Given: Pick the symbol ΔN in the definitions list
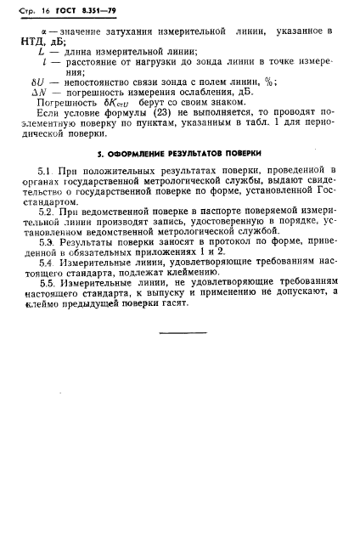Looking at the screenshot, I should tap(37, 92).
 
